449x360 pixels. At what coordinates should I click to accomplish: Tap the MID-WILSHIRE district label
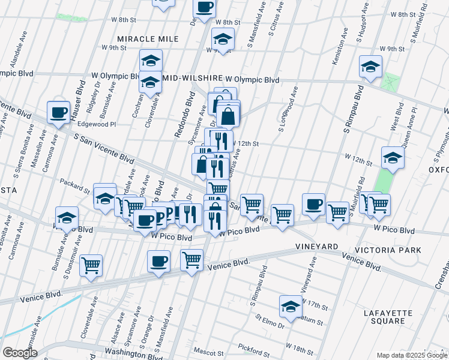[191, 79]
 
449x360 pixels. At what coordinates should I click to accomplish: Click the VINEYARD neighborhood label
[316, 247]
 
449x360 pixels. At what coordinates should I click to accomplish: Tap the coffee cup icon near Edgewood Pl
[59, 113]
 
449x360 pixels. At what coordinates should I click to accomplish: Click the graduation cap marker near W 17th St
[291, 305]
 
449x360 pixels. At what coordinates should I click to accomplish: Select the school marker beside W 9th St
[223, 40]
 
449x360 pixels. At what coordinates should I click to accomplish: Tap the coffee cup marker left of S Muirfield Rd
[313, 205]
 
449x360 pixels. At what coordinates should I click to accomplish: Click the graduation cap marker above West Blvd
[370, 66]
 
